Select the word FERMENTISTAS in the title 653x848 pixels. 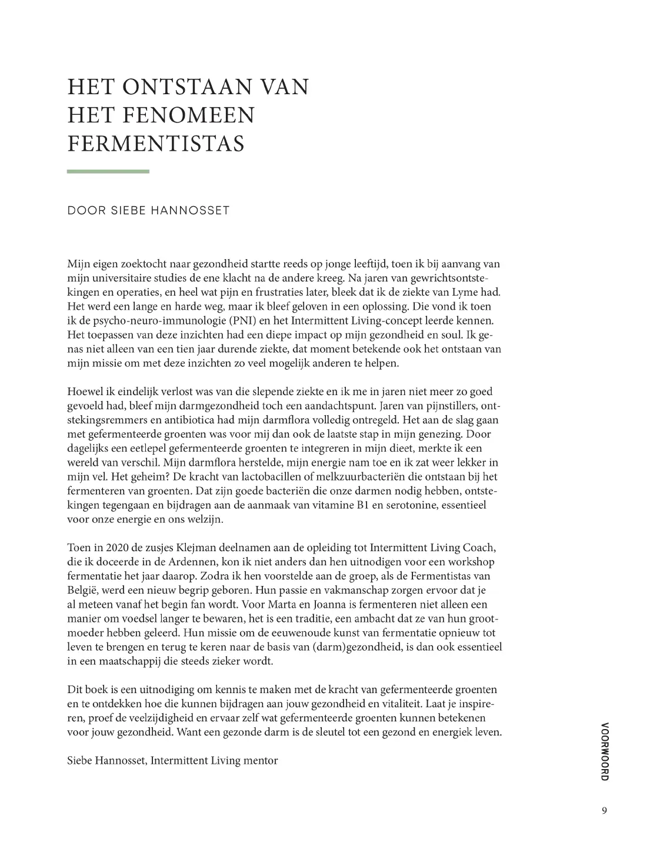tap(156, 143)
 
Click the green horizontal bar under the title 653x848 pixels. tap(108, 171)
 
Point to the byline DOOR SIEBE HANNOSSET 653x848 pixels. tap(148, 210)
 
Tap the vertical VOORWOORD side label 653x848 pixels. tap(605, 751)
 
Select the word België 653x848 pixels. tap(82, 590)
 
